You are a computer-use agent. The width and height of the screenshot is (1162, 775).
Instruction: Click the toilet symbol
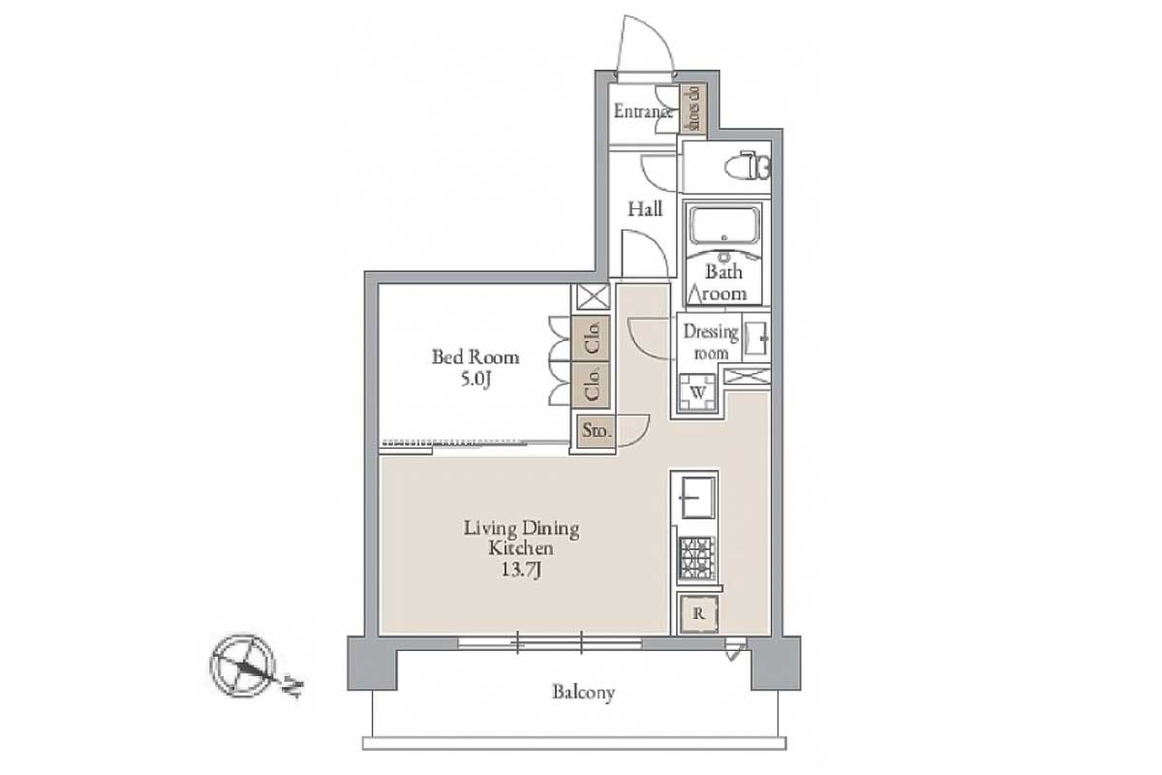point(749,166)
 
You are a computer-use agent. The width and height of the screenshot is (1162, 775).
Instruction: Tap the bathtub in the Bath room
point(724,225)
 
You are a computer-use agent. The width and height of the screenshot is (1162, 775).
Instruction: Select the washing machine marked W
point(698,392)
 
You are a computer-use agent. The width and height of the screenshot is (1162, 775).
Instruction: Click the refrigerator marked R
point(699,614)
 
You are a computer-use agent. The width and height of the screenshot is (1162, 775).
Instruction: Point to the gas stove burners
point(697,558)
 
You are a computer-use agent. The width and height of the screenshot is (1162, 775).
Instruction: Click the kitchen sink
point(698,497)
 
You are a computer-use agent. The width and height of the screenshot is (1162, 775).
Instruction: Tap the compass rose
point(242,666)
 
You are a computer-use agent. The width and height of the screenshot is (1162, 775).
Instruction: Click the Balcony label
point(583,693)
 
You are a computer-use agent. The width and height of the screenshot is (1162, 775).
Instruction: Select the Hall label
point(645,208)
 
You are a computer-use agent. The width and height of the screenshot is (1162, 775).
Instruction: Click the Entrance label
point(643,111)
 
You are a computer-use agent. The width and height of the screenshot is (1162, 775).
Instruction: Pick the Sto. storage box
point(596,430)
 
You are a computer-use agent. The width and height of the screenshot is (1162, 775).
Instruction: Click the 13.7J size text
point(521,570)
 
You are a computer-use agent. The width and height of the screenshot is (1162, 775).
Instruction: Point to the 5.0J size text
point(475,380)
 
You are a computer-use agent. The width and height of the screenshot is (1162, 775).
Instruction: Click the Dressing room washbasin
point(755,337)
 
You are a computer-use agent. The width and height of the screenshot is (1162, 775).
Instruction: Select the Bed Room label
point(475,357)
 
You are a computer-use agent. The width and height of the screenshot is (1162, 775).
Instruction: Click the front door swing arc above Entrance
point(647,43)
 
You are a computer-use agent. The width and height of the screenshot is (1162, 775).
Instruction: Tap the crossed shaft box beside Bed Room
point(593,297)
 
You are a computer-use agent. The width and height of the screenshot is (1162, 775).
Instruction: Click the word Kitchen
point(521,548)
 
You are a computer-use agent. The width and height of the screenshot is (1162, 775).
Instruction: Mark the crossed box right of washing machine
point(747,376)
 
